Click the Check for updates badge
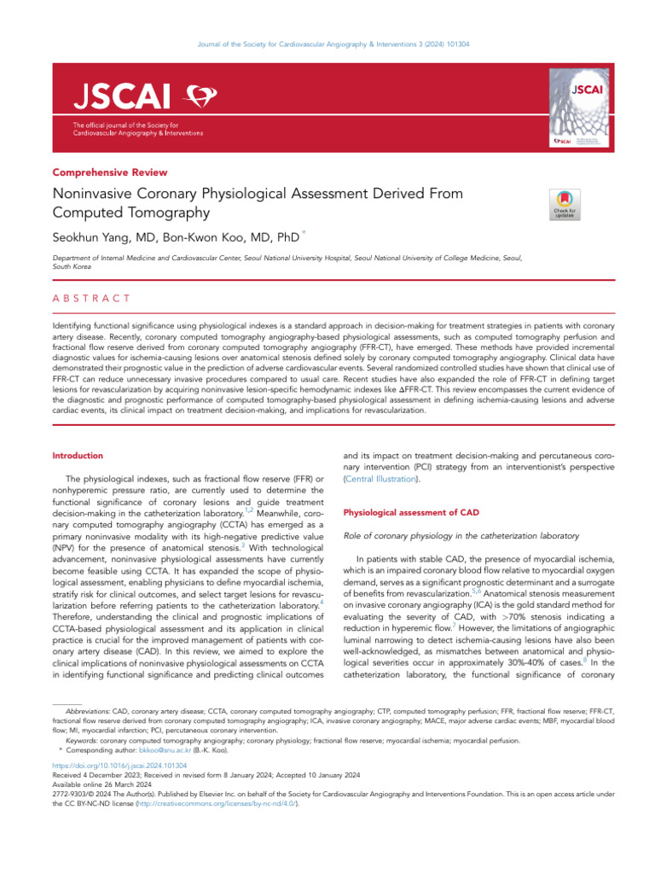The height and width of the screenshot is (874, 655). click(x=565, y=204)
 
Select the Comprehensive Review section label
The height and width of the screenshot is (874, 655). click(x=110, y=172)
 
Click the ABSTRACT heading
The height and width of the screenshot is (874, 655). click(x=91, y=298)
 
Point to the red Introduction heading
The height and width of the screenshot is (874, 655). click(x=78, y=456)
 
